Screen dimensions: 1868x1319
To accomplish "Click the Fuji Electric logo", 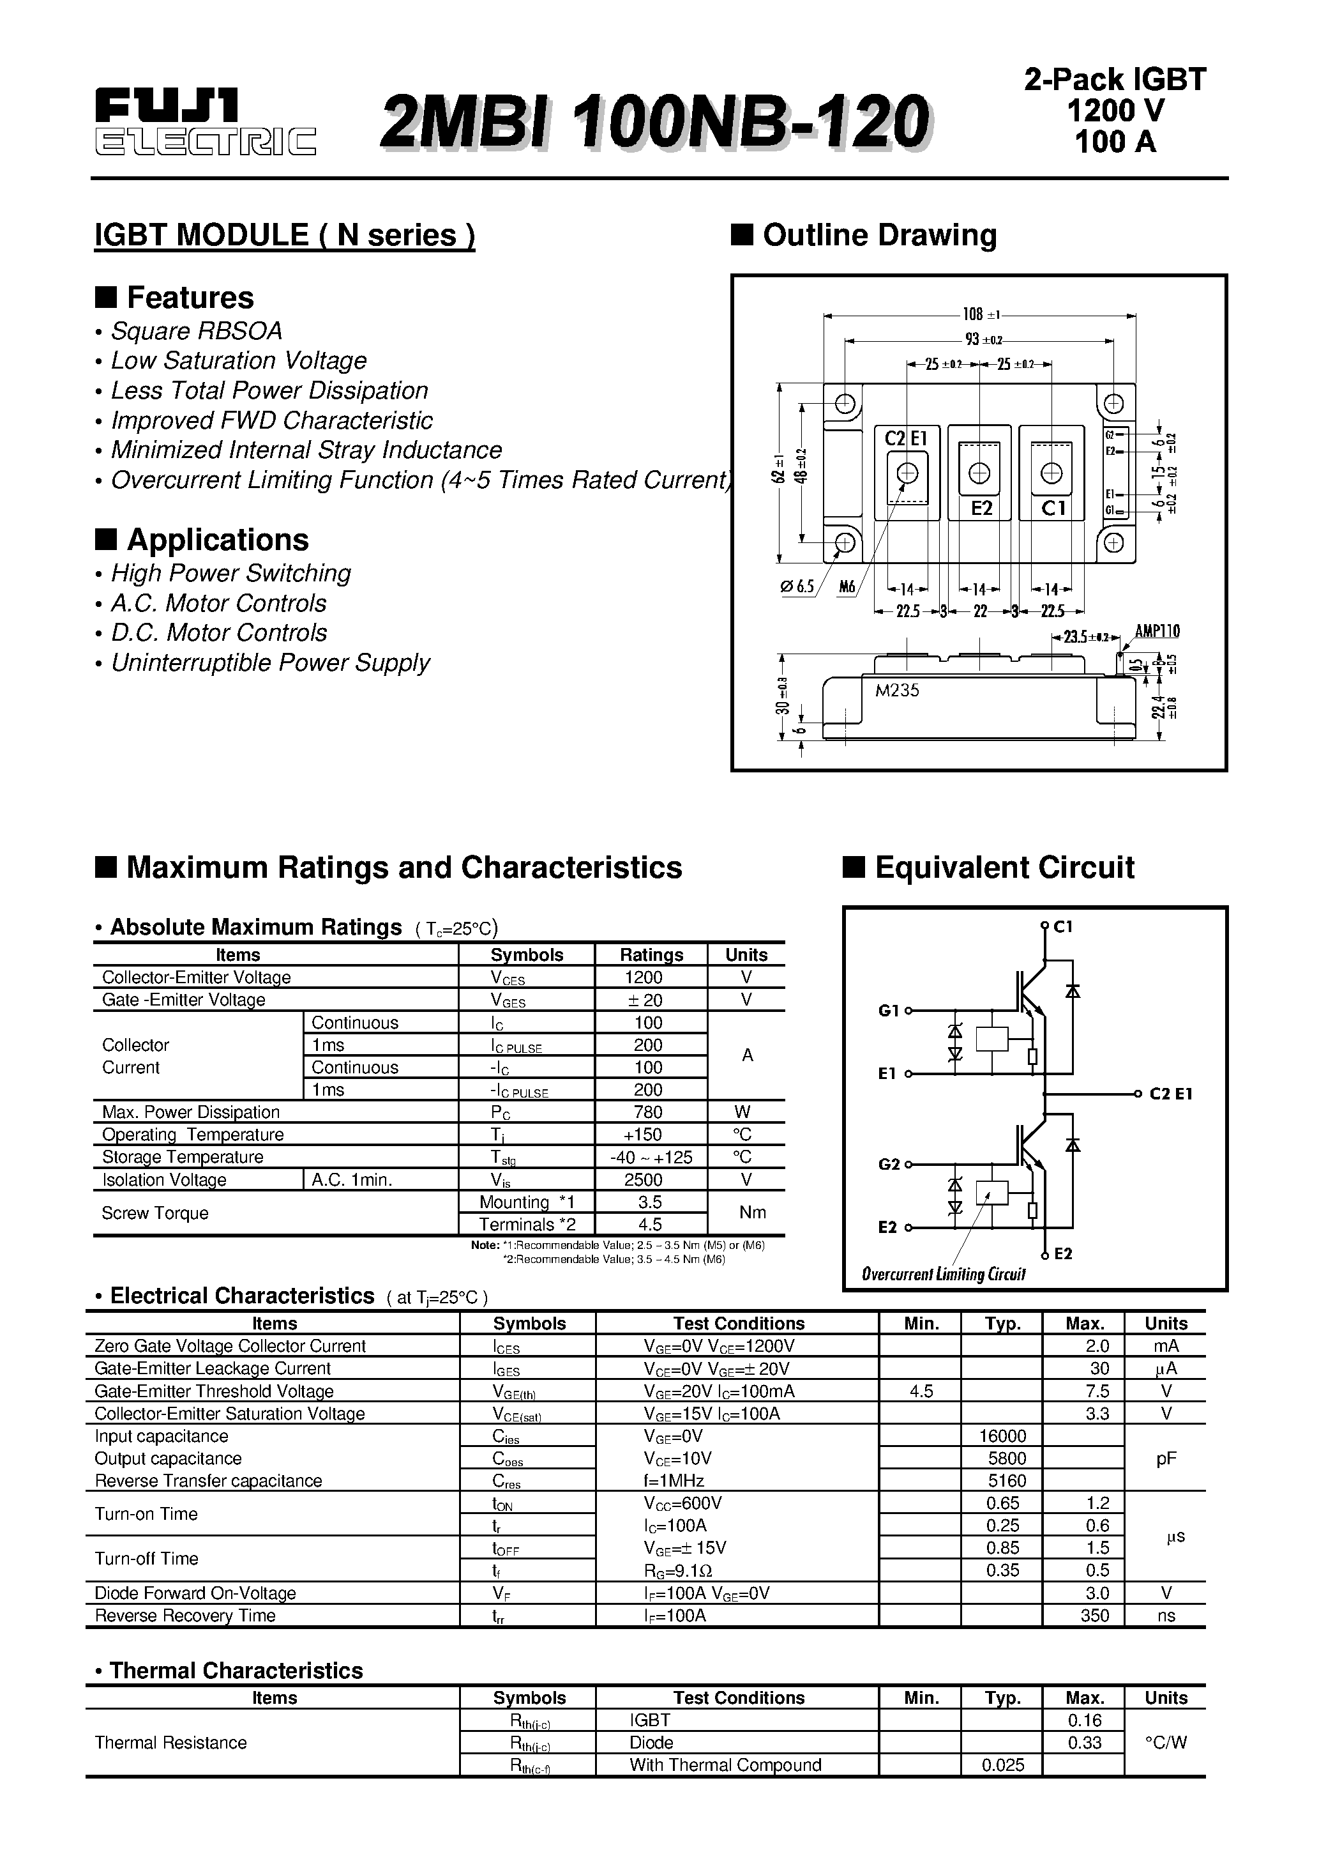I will (x=205, y=122).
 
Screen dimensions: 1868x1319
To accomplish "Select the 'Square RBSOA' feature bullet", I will (x=196, y=331).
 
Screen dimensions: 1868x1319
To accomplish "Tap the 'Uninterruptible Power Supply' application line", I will (x=270, y=663).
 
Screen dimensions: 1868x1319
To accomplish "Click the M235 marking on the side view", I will (x=897, y=691).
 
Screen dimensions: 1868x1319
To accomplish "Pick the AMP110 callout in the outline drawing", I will (x=1157, y=631).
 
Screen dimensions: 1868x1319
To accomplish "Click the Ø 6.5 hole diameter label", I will (x=797, y=586).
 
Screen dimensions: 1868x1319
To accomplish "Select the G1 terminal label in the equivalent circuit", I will (x=888, y=1011).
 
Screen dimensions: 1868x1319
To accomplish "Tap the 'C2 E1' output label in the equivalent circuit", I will (x=1170, y=1094).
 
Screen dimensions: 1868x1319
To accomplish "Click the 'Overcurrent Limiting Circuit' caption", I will (x=944, y=1274).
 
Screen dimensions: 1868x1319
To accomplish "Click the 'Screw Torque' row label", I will (x=155, y=1213).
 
